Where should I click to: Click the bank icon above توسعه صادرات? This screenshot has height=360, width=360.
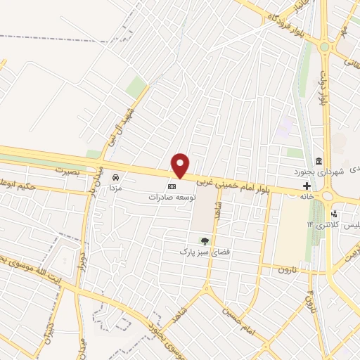[172, 186]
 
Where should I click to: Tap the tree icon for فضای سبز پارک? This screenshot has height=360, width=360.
[205, 240]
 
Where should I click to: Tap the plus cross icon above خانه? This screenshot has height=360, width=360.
[307, 186]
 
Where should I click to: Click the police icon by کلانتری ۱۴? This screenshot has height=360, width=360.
[335, 214]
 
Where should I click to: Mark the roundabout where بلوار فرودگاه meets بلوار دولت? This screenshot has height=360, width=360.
[325, 47]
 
